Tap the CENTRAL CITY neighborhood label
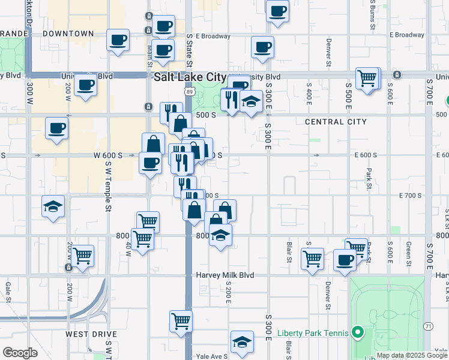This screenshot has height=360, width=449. pos(336,122)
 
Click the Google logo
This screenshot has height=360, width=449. pos(20,353)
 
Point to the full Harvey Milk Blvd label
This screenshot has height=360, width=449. pos(225,275)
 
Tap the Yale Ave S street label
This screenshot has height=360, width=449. pos(212,356)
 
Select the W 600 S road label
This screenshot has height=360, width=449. pos(108,155)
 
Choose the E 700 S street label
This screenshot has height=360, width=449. pos(412,196)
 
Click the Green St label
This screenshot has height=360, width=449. pos(408,254)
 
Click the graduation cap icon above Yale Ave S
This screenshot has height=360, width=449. pos(241,341)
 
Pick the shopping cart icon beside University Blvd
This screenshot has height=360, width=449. pos(367,77)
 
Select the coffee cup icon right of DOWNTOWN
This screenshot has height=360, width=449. pos(118,41)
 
